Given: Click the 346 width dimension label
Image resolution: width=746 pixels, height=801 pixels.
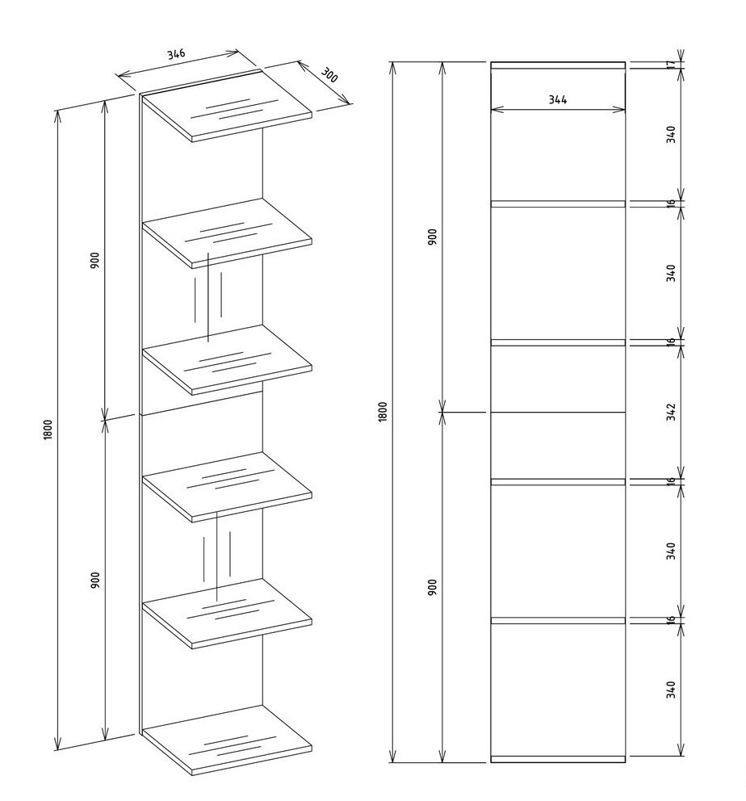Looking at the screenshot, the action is pos(176,53).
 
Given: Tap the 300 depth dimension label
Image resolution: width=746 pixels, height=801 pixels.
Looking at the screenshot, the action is pos(329,75).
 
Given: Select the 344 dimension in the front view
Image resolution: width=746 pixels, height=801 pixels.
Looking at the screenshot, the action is pos(558,99).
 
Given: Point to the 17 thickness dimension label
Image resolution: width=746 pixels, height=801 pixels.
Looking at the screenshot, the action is pos(671,65).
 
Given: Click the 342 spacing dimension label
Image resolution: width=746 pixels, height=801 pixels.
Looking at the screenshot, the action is pos(671,412).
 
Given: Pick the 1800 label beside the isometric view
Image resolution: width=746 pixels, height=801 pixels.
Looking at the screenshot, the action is pos(48,430).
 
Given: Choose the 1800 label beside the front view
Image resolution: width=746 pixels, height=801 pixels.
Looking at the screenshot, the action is pos(383,412).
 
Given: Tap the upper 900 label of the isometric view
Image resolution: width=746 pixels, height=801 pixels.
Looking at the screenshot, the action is pos(95,261).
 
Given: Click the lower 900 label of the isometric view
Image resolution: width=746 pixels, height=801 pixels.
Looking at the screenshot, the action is pos(95,581).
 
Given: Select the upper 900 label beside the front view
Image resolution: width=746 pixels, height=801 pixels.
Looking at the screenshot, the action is pos(432,237).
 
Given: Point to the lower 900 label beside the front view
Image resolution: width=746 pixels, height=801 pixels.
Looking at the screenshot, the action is pos(432,587).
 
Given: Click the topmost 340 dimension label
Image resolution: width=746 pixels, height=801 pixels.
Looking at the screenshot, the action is pos(671,134).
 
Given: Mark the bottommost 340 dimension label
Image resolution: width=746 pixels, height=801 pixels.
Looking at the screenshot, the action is pos(671,690).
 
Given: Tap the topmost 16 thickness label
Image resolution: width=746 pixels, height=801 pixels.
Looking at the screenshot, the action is pos(671,203).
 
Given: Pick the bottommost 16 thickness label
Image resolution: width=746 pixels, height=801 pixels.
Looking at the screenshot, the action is pos(671,619).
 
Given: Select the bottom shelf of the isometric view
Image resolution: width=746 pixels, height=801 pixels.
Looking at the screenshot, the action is pos(227,740).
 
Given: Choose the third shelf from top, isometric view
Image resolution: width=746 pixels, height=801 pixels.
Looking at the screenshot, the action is pos(227,360).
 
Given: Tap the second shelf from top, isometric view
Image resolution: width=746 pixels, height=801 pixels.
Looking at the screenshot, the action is pos(227,233).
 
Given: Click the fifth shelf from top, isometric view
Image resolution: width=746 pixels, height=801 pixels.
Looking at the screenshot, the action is pos(227,614).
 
